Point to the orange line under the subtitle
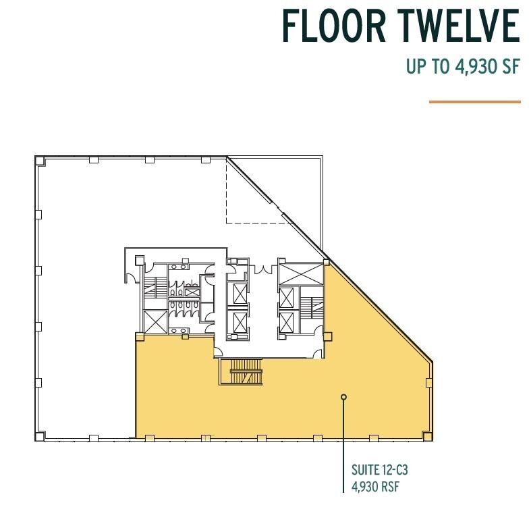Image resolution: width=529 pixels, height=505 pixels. click(475, 102)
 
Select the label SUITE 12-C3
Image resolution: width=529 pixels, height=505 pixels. click(379, 469)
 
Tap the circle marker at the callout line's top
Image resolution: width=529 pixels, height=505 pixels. click(343, 397)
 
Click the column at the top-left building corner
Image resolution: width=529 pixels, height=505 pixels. click(40, 161)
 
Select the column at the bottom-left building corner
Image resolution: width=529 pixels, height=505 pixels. click(40, 436)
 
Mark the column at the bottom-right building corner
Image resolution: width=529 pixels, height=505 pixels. click(427, 436)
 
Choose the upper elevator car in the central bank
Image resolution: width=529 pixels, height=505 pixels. click(240, 292)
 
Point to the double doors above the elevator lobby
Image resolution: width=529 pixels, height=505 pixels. click(261, 271)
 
